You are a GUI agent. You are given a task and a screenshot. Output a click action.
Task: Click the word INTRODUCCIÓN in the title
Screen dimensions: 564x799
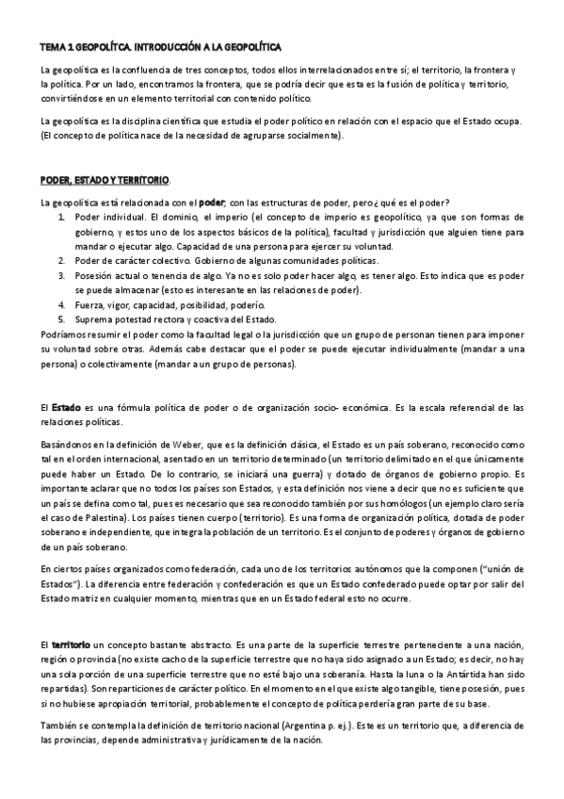[x=174, y=45]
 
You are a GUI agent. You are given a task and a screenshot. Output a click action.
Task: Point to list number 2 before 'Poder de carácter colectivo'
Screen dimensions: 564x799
[x=62, y=260]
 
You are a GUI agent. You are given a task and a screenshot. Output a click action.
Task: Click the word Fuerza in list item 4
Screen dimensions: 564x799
[x=89, y=305]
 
